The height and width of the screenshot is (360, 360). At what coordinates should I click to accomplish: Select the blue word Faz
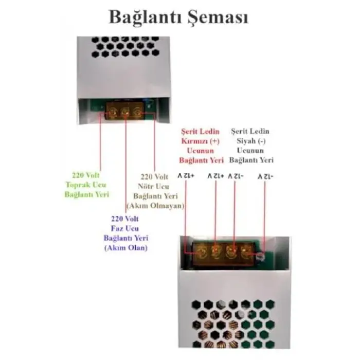(x=117, y=228)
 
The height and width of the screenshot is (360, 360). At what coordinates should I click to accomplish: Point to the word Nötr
(x=146, y=186)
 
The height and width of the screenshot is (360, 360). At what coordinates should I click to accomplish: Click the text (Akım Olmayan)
(x=155, y=206)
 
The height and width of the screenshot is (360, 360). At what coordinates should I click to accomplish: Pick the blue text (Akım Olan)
(x=126, y=248)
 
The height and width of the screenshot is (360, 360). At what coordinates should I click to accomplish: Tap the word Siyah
(x=246, y=141)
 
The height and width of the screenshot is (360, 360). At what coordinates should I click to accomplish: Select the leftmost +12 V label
(x=186, y=176)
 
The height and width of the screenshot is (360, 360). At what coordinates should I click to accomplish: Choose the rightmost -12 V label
(x=266, y=176)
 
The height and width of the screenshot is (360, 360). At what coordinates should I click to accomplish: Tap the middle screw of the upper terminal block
(x=125, y=112)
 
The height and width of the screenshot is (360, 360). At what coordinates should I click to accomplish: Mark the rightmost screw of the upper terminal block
(x=137, y=111)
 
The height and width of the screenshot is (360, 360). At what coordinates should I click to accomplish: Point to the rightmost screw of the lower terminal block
(x=245, y=251)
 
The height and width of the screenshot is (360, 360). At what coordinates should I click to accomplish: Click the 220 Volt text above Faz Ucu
(x=125, y=219)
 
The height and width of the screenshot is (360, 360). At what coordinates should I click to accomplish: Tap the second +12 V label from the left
(x=216, y=176)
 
